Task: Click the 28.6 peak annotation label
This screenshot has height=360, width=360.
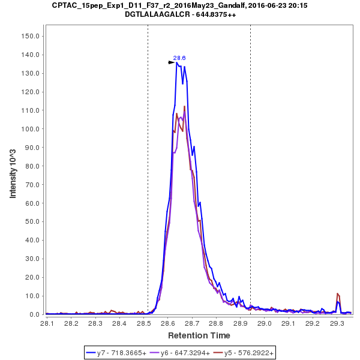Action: point(179,58)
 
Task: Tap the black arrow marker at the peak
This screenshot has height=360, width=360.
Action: point(172,62)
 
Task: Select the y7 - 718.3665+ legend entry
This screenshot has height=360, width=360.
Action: point(122,353)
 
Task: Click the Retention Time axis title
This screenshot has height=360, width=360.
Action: point(198,335)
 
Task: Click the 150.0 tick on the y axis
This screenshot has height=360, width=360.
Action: point(31,36)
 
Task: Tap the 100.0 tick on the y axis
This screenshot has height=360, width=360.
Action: point(31,129)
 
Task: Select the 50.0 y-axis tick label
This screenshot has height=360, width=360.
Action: point(32,222)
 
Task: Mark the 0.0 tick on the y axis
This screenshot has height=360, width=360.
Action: point(34,314)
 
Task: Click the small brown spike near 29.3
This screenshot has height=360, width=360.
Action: point(338,295)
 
